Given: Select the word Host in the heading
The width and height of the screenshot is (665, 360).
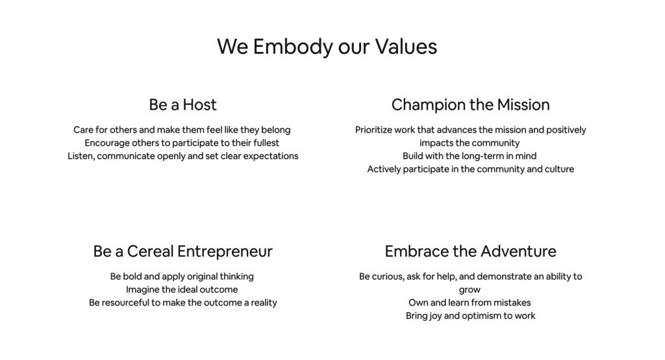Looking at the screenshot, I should [199, 105].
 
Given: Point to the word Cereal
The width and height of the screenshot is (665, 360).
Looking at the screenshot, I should [150, 251].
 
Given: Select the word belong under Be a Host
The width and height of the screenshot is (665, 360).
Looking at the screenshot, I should [275, 130].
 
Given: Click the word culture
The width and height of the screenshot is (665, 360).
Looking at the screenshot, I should [557, 169].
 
